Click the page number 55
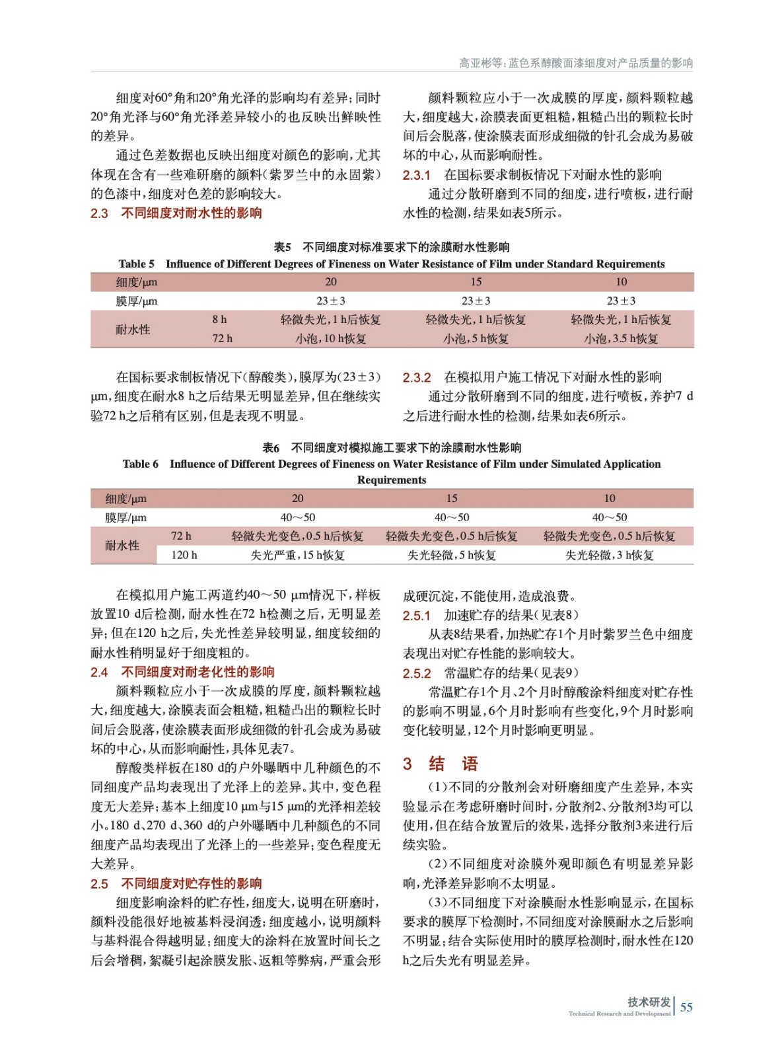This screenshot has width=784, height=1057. (686, 1007)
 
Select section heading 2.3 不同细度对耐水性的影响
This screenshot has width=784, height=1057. (176, 213)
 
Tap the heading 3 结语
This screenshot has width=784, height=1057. (441, 764)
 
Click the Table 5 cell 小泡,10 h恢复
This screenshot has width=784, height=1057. (330, 339)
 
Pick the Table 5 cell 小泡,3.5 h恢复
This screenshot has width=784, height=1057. (621, 339)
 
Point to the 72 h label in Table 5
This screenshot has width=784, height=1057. (222, 339)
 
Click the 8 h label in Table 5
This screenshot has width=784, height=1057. (219, 320)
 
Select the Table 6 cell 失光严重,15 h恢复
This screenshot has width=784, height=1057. (297, 556)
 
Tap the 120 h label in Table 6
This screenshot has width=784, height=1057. (184, 556)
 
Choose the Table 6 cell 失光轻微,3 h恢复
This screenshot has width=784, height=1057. (609, 556)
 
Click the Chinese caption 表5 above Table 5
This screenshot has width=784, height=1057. (282, 247)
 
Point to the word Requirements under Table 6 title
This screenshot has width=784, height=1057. (392, 480)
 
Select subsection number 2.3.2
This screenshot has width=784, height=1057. (417, 378)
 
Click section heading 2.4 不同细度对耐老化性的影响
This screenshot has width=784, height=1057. (182, 673)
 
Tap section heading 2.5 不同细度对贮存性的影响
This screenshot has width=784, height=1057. (176, 884)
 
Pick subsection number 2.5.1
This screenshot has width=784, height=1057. (417, 616)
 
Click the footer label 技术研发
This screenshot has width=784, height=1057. (649, 1002)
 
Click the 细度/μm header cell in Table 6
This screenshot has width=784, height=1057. (125, 499)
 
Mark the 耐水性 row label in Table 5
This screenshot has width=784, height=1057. (133, 330)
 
